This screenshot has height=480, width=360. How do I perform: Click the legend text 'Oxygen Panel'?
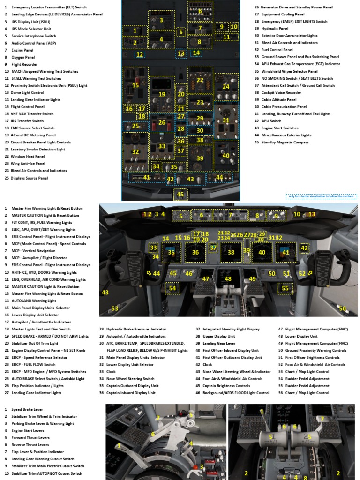(x=23, y=57)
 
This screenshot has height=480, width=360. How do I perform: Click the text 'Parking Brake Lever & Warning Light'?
(x=43, y=423)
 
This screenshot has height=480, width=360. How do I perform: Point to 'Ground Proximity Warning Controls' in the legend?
(x=315, y=350)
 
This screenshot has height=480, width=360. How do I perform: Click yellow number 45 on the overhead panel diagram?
(x=180, y=194)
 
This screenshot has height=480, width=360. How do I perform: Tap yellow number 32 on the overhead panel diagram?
(x=135, y=151)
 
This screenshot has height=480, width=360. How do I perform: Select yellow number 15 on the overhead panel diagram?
(x=135, y=85)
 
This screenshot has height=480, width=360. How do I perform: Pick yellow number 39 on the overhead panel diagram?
(x=200, y=158)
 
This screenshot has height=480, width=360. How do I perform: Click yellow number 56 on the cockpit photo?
(x=343, y=308)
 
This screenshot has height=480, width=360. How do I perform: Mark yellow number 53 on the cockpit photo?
(x=115, y=308)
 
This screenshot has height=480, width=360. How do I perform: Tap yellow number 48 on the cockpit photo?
(x=228, y=279)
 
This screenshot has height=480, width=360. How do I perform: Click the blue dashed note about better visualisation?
(x=322, y=196)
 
